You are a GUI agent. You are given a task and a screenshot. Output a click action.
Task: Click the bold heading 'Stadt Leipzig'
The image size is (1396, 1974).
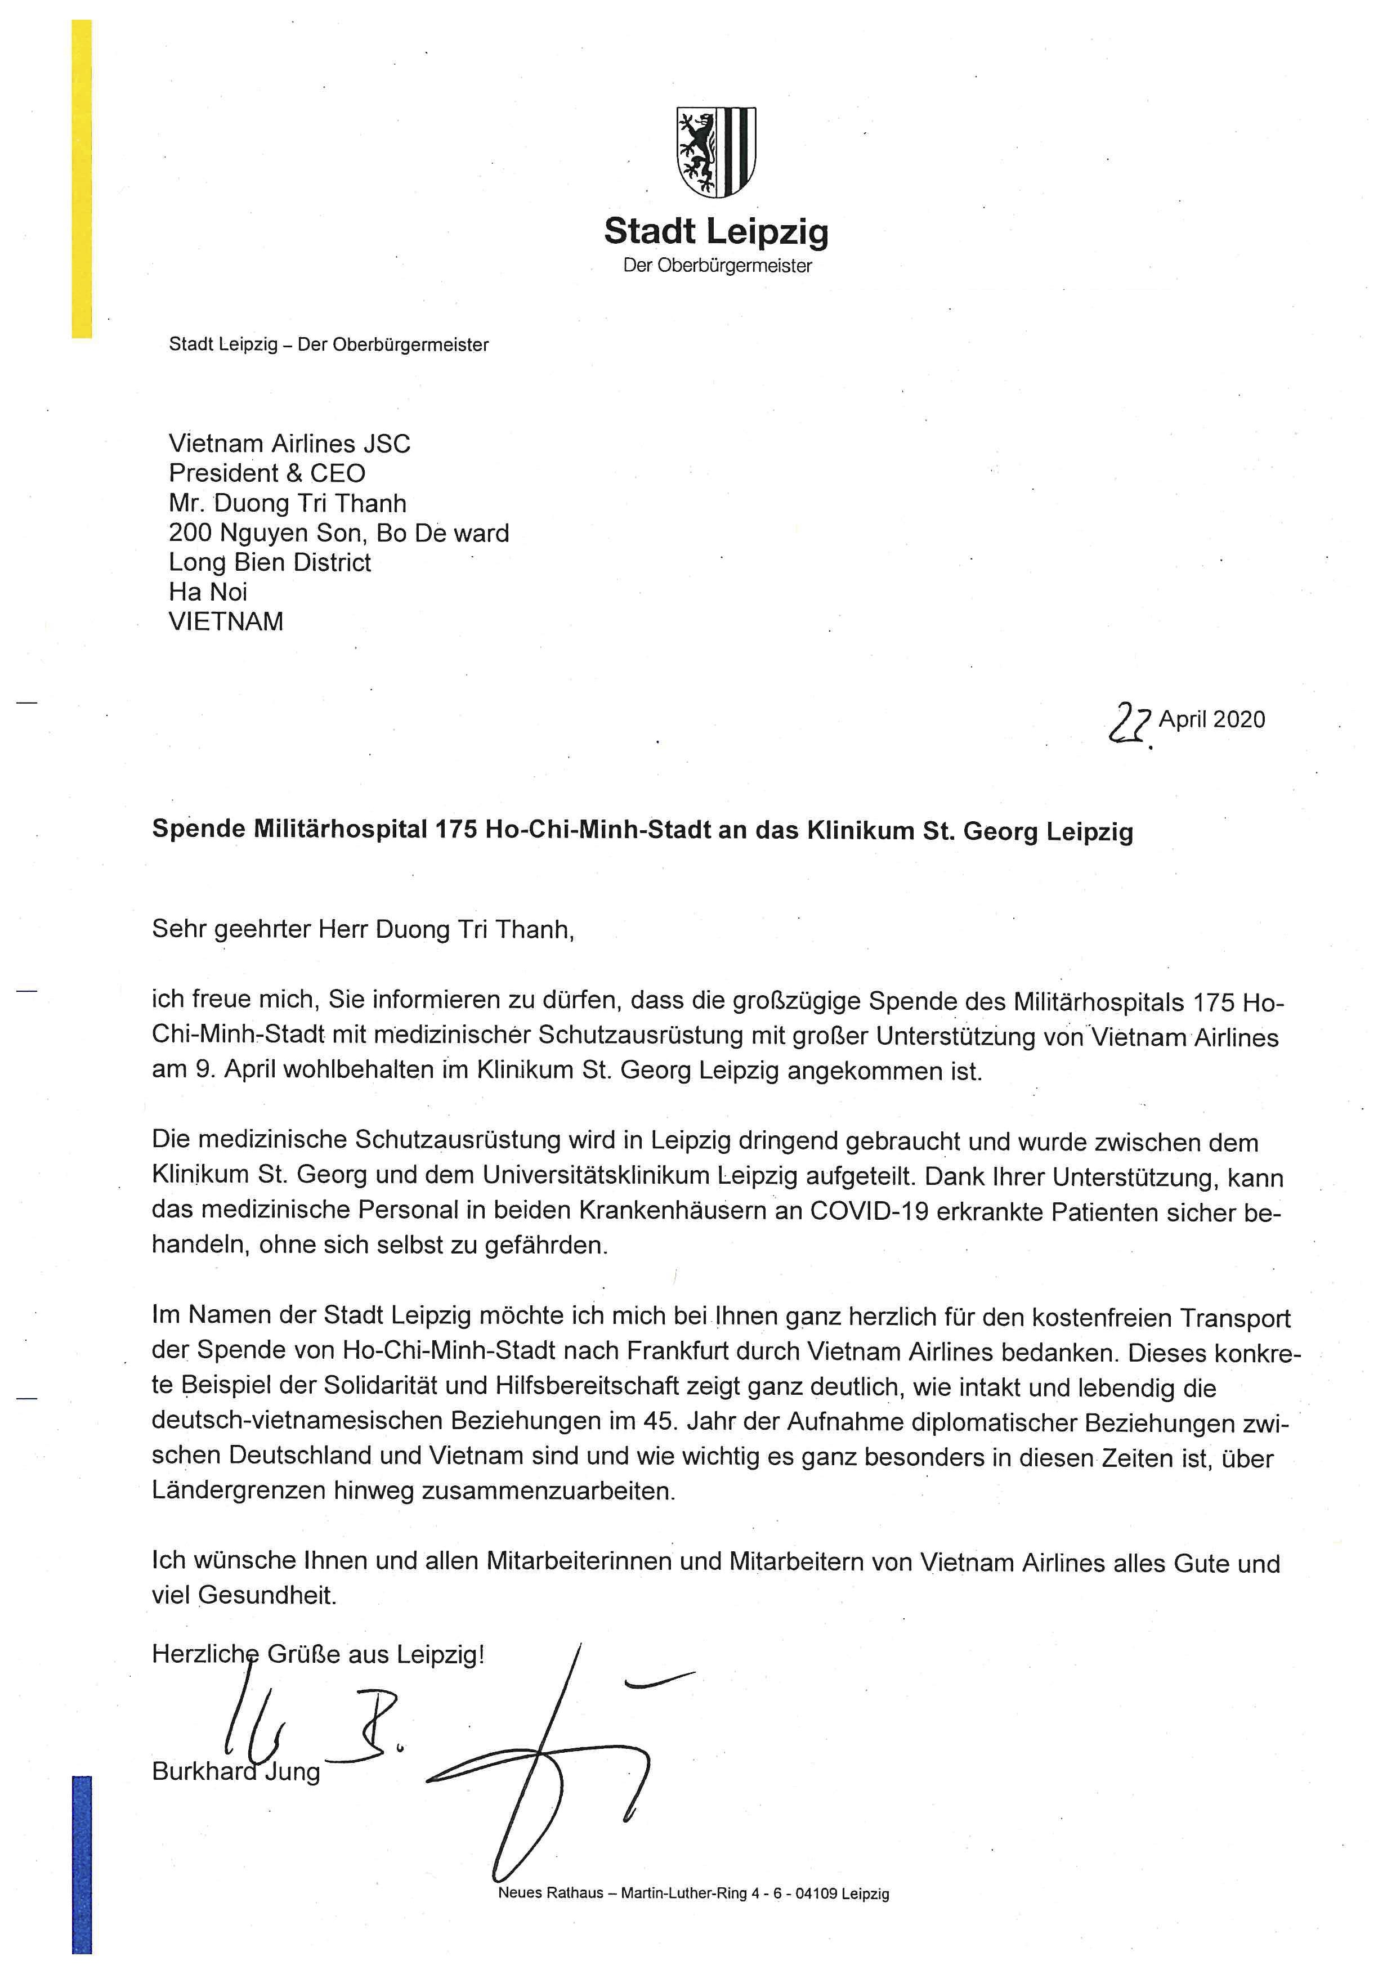click(x=716, y=232)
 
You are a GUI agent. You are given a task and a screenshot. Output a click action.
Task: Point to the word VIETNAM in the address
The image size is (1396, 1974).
click(x=226, y=621)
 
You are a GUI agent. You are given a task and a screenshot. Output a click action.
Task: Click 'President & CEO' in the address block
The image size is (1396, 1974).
click(x=267, y=474)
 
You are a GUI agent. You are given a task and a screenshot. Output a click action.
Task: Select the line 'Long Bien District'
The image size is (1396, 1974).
click(x=270, y=563)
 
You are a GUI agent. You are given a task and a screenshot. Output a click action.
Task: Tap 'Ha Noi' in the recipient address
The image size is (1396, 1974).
click(x=208, y=592)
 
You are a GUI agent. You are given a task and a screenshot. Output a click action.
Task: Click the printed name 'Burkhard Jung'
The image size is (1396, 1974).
click(x=235, y=1771)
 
